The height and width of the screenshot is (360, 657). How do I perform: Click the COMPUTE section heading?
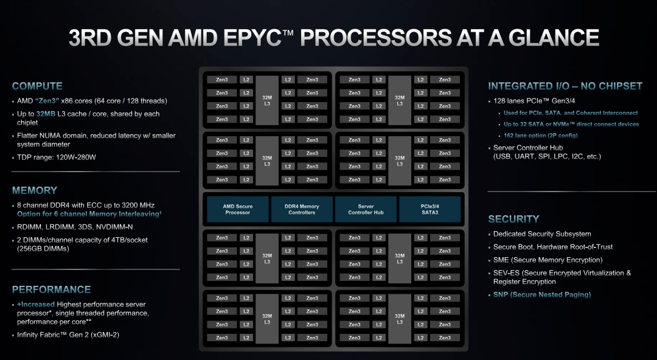pos(36,86)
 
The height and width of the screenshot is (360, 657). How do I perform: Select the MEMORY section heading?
pos(35,190)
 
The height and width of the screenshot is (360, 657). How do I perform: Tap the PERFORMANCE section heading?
pos(51,289)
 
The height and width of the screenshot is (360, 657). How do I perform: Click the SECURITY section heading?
pos(513,219)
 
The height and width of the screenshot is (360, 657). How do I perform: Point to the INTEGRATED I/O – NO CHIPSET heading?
pos(565,86)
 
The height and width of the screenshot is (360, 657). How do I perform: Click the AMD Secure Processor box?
pos(237,209)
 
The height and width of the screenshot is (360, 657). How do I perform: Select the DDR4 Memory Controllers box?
pos(302,209)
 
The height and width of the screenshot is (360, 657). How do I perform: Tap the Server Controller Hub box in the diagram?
pos(366,209)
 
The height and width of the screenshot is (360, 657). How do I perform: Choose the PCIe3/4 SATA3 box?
pos(429,209)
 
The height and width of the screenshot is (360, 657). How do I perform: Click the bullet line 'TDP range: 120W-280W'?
pos(56,157)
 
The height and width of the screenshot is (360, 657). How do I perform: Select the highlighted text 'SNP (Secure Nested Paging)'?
pos(542,295)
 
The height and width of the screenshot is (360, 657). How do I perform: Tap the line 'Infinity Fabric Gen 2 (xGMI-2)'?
pos(68,334)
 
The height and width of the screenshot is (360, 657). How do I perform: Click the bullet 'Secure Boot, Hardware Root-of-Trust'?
pos(553,247)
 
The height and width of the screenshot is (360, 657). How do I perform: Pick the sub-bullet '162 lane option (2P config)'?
pos(541,136)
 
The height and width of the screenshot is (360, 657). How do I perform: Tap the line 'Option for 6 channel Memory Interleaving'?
pos(89,214)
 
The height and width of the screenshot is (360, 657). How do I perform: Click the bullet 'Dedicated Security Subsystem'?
pos(542,234)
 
